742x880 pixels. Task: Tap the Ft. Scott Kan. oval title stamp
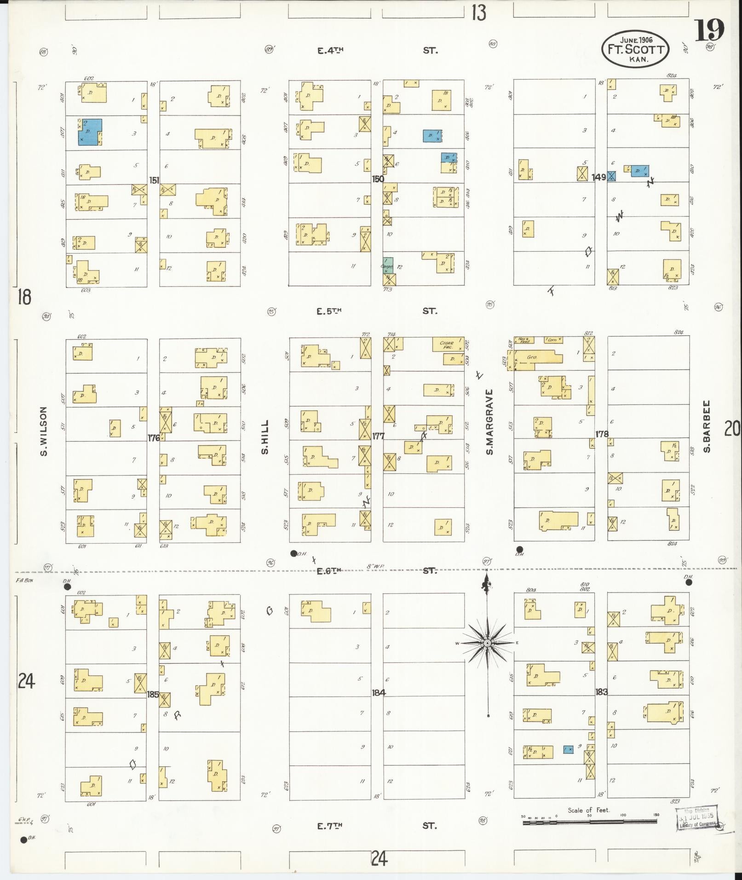635,48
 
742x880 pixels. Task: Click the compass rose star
487,643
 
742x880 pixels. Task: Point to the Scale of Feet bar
589,822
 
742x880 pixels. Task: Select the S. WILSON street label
44,431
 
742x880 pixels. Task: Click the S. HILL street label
265,437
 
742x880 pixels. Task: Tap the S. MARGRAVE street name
489,422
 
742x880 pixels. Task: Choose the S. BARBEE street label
707,426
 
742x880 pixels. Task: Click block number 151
154,179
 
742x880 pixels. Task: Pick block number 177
378,436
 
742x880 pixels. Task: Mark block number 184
379,692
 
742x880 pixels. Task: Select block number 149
599,177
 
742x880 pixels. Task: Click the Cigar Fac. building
448,345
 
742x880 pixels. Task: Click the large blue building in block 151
90,132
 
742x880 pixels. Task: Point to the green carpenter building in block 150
388,265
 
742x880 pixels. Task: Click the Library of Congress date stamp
697,818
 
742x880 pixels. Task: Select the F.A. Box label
24,580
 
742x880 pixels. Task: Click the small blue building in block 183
568,749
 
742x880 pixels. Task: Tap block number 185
153,694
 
